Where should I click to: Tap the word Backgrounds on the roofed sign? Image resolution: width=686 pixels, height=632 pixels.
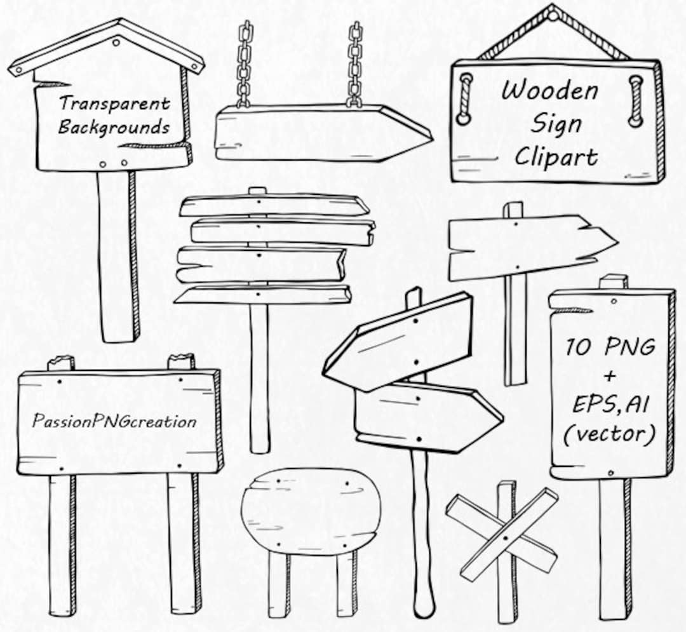click(114, 127)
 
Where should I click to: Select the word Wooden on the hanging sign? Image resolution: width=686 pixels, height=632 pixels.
click(549, 91)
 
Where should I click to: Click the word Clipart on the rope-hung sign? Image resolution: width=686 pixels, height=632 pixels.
click(556, 156)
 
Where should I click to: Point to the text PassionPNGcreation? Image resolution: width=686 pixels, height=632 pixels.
click(115, 421)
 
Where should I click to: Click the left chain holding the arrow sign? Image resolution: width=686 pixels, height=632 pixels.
click(243, 64)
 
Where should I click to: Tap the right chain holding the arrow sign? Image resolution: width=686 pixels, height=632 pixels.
click(354, 64)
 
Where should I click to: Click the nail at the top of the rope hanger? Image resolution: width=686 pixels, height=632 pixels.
click(553, 12)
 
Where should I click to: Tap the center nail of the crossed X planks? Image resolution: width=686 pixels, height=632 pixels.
click(506, 537)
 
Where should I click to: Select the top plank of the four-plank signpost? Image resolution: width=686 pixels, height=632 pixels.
click(273, 205)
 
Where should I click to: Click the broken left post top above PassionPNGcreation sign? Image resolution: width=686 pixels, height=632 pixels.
click(61, 363)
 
